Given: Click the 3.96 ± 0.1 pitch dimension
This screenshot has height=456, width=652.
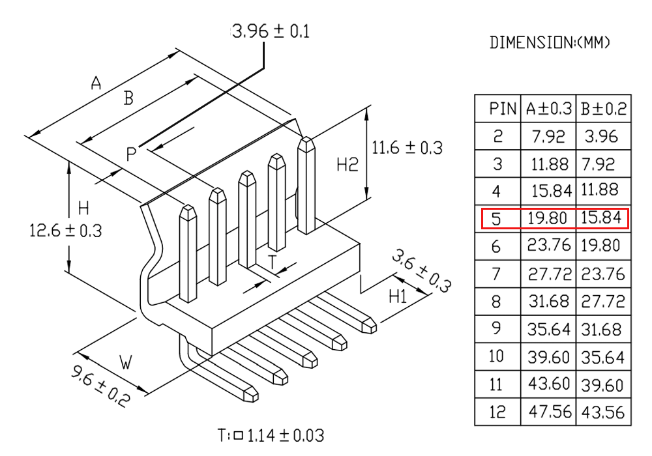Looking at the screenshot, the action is (271, 31).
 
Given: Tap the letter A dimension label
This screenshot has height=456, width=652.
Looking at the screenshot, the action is (96, 83).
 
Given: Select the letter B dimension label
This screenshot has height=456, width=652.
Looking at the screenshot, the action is (128, 98).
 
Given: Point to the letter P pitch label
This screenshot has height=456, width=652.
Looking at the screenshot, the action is (131, 154).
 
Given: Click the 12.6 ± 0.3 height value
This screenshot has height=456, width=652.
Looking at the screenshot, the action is (66, 231).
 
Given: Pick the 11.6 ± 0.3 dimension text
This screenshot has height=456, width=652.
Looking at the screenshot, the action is (407, 148).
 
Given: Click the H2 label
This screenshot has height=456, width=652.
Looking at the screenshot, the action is (348, 165).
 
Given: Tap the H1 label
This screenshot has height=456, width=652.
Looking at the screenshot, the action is (398, 296).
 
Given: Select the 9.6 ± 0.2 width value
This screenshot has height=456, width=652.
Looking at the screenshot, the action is (100, 386).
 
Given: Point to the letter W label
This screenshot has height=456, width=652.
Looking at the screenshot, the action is (126, 362).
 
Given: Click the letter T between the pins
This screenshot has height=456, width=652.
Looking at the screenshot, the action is (272, 262).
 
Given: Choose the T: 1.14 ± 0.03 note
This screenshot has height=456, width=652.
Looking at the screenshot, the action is (271, 435).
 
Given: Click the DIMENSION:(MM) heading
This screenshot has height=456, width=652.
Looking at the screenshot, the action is (550, 42).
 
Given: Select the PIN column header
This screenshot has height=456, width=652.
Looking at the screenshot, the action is (502, 109).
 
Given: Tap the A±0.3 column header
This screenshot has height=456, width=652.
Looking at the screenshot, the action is (549, 109).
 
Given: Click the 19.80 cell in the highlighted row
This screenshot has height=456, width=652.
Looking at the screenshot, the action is (547, 218).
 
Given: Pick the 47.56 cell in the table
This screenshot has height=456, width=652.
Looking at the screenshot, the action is (550, 412).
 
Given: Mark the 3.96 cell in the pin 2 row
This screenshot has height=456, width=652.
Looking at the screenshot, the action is (601, 136).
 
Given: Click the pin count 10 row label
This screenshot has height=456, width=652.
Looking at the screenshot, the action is (496, 356).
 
